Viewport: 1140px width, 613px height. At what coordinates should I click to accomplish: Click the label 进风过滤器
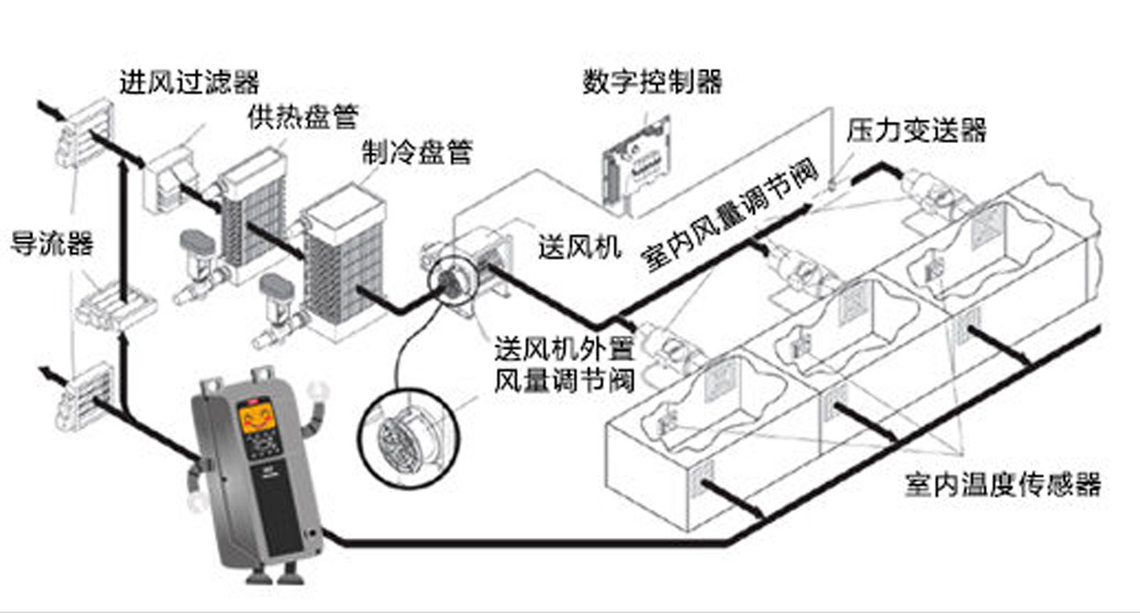(x=189, y=81)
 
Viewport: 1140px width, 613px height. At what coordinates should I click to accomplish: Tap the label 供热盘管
(x=302, y=117)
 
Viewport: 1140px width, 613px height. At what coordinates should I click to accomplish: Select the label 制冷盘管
(x=417, y=152)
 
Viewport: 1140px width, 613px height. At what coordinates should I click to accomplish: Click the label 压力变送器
(x=917, y=130)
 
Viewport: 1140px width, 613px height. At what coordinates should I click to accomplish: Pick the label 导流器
(x=51, y=243)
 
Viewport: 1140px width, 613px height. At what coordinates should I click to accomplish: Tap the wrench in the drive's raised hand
(x=318, y=393)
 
